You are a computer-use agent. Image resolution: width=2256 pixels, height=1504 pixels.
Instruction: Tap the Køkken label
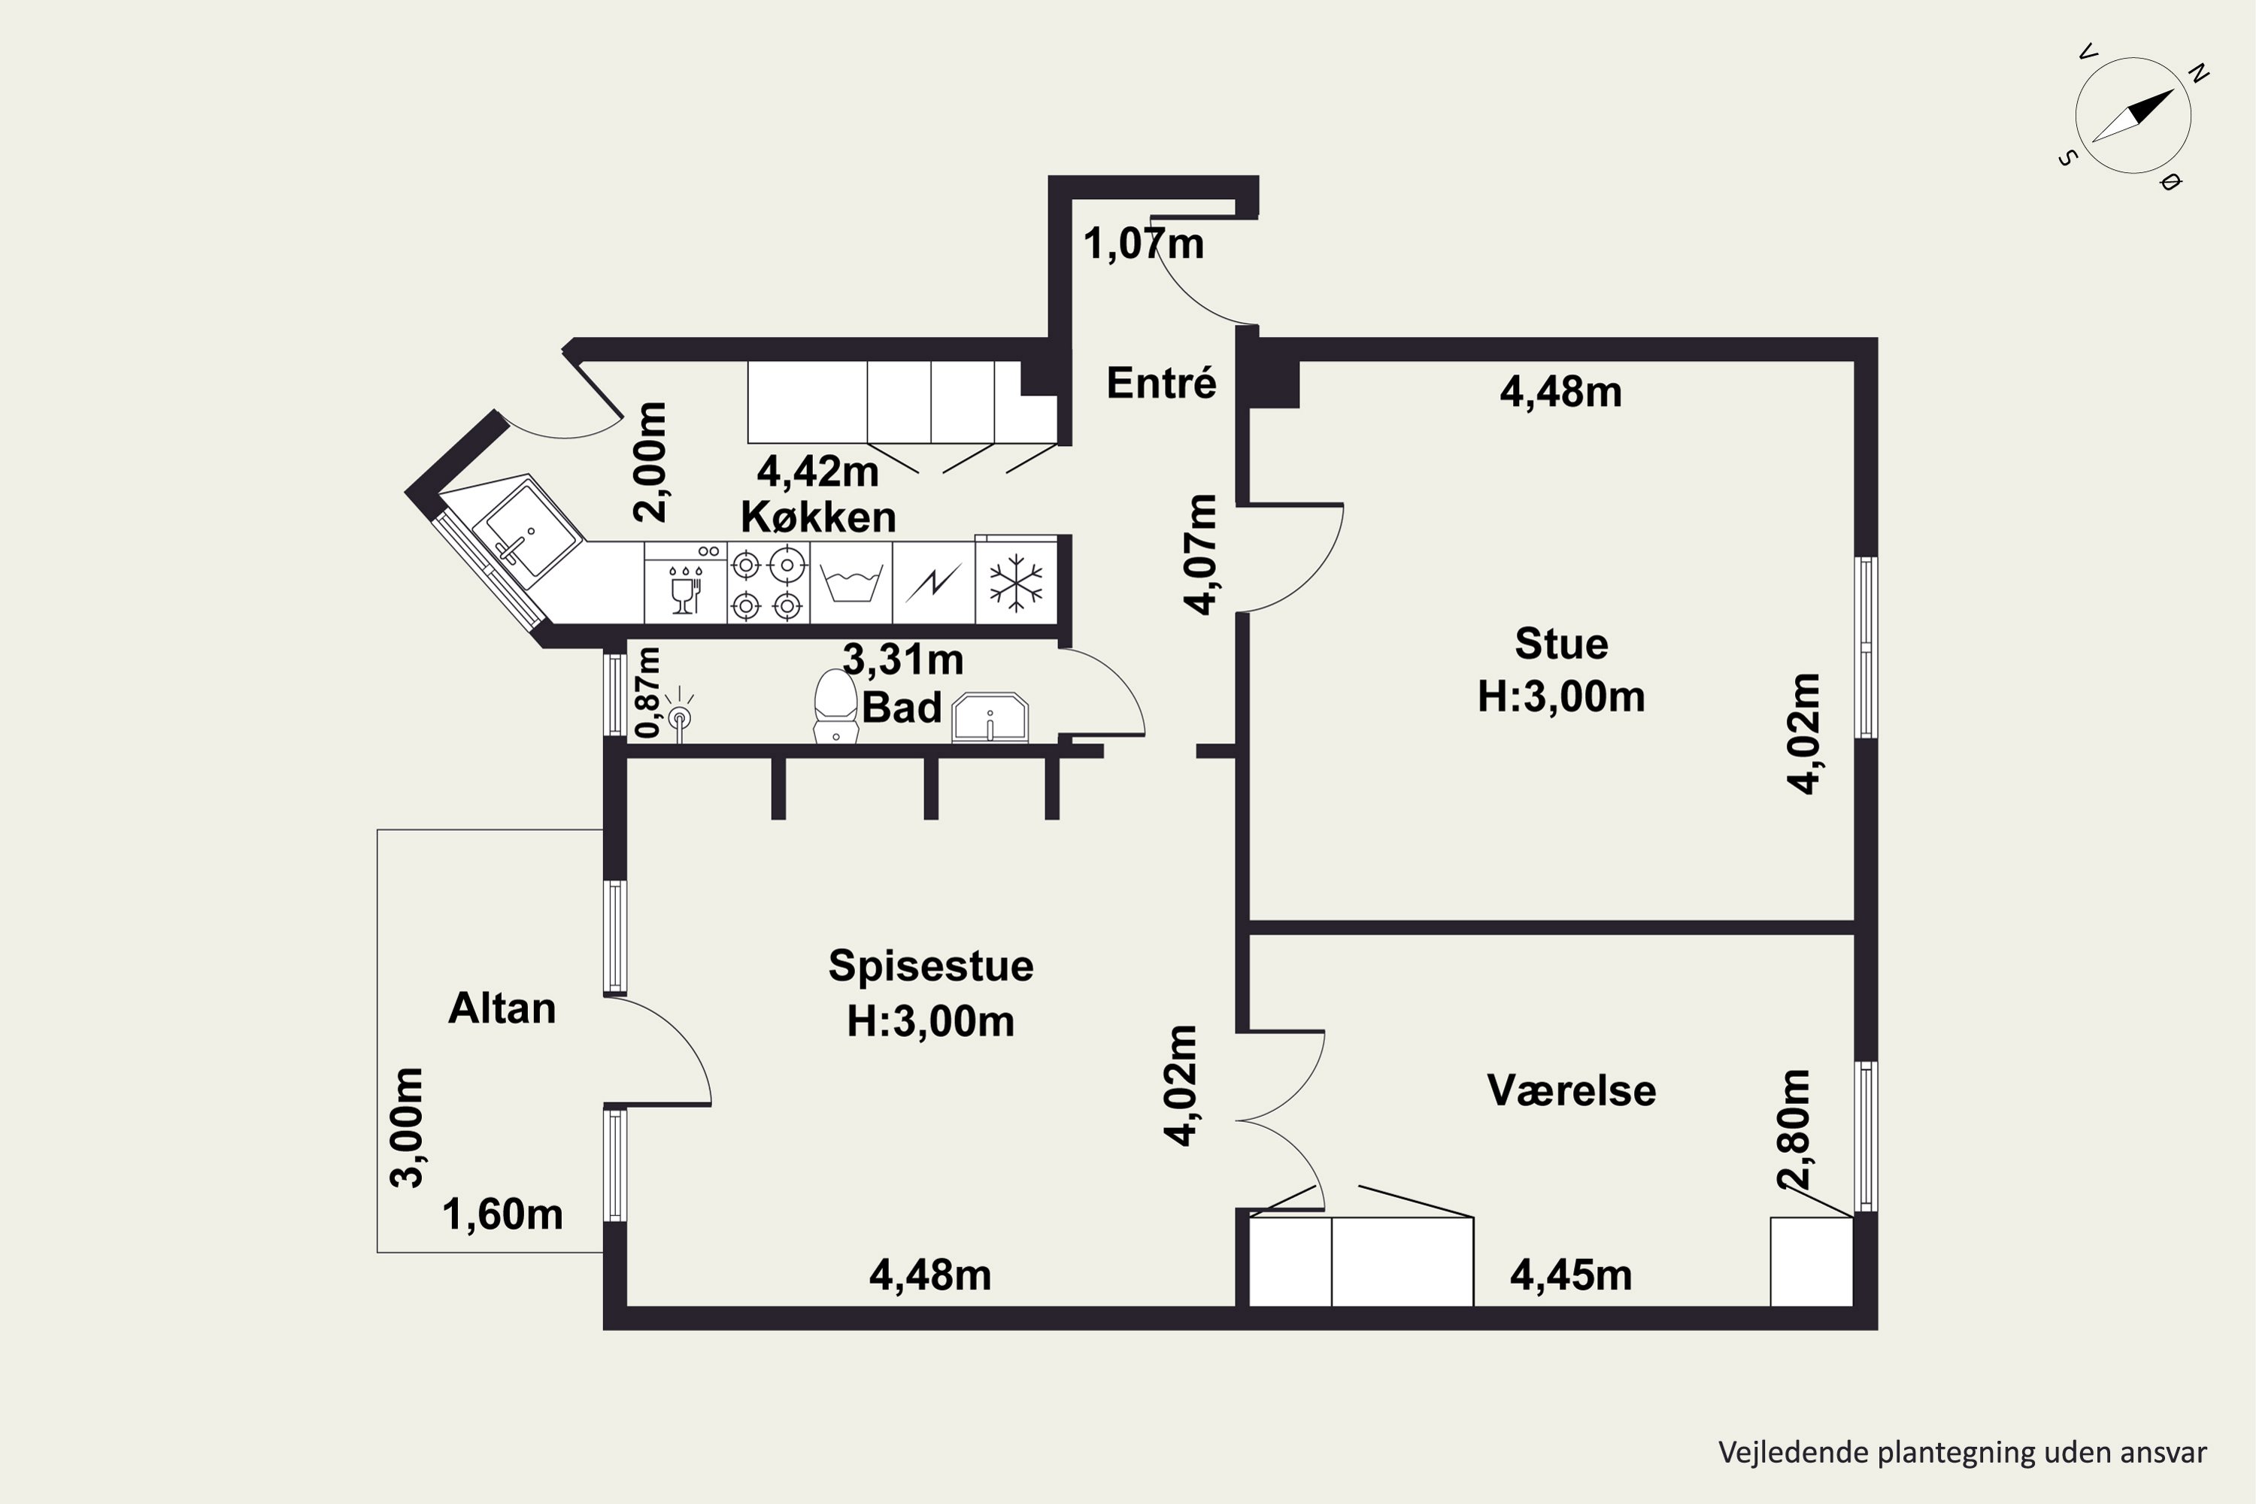818,518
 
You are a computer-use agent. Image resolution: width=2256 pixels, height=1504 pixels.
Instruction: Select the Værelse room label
1571,1090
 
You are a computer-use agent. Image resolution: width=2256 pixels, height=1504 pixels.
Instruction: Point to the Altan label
502,1009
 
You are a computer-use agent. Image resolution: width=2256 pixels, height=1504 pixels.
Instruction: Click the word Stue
1560,644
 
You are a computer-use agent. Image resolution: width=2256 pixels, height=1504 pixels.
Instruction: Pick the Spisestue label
930,966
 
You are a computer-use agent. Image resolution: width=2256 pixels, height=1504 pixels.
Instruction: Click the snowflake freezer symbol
1016,582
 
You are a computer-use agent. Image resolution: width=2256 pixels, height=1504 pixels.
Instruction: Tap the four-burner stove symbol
767,582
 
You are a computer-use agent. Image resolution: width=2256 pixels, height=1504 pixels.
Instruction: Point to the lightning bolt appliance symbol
932,582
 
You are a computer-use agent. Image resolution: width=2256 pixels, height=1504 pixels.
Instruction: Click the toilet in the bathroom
835,706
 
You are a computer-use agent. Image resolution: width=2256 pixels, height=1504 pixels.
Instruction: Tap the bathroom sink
990,717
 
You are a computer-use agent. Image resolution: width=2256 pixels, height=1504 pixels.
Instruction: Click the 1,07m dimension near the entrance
1143,244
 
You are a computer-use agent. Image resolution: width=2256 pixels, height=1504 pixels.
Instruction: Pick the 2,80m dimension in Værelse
1792,1129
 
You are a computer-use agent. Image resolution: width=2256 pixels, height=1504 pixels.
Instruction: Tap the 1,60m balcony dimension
502,1215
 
